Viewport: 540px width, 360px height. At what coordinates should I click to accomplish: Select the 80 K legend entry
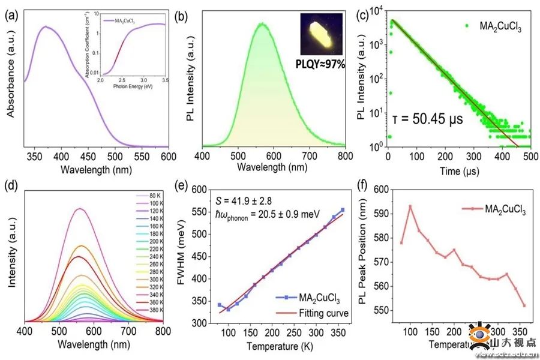click(x=155, y=196)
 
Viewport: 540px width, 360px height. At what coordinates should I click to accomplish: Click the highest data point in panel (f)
click(x=410, y=206)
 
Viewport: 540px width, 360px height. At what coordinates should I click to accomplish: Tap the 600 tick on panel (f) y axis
click(x=379, y=189)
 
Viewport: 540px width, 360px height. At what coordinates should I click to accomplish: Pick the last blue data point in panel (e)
click(x=343, y=210)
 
